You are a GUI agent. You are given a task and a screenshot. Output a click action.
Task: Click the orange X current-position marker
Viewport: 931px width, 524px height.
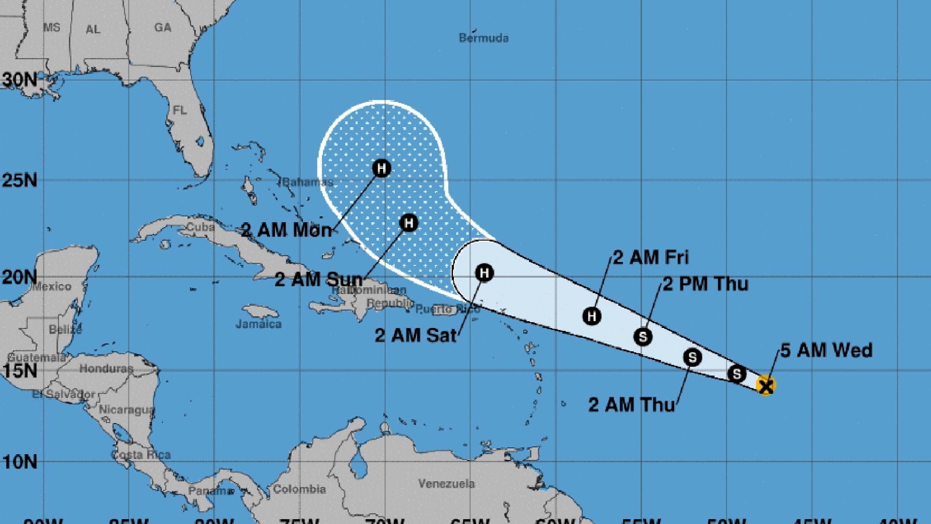click(x=766, y=386)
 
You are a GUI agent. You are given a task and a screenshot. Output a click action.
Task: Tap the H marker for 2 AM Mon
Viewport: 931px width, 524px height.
click(x=382, y=168)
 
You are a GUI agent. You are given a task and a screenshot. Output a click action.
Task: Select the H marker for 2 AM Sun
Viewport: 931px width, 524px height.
click(x=408, y=223)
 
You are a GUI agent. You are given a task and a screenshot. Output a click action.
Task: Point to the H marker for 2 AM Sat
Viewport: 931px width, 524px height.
click(x=484, y=273)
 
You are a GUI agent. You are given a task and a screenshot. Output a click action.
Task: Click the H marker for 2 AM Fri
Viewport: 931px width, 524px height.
click(x=592, y=316)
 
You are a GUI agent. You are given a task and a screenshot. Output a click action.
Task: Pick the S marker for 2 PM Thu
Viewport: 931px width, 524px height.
click(x=643, y=336)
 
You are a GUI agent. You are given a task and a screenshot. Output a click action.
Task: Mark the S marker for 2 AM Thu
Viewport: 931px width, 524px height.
click(x=692, y=358)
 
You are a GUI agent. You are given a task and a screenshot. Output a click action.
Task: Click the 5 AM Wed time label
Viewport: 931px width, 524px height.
click(x=826, y=350)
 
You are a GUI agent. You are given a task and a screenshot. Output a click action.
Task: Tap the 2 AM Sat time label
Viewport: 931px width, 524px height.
click(x=416, y=335)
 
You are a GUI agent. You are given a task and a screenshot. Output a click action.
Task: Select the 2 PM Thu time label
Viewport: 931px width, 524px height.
click(x=706, y=284)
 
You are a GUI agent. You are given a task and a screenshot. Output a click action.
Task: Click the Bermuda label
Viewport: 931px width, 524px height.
click(x=483, y=38)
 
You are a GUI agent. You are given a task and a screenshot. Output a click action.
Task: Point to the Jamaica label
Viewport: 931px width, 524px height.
click(x=258, y=324)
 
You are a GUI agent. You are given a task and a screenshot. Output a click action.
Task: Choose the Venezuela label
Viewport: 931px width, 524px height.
click(x=446, y=484)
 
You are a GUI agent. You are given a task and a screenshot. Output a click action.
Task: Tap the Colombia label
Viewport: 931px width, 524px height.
click(x=299, y=489)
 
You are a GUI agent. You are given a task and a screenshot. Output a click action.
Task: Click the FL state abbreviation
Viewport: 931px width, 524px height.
click(x=180, y=111)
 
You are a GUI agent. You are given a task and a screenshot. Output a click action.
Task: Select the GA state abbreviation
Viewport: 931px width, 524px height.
click(x=163, y=28)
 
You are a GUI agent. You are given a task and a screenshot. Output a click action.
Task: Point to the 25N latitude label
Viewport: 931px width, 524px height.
click(x=19, y=180)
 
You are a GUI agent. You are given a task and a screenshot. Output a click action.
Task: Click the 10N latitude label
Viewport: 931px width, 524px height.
click(x=19, y=462)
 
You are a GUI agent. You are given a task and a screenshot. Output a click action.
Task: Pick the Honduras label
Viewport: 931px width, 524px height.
click(x=106, y=369)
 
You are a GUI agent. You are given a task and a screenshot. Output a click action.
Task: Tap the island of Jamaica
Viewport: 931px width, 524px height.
click(x=260, y=311)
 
